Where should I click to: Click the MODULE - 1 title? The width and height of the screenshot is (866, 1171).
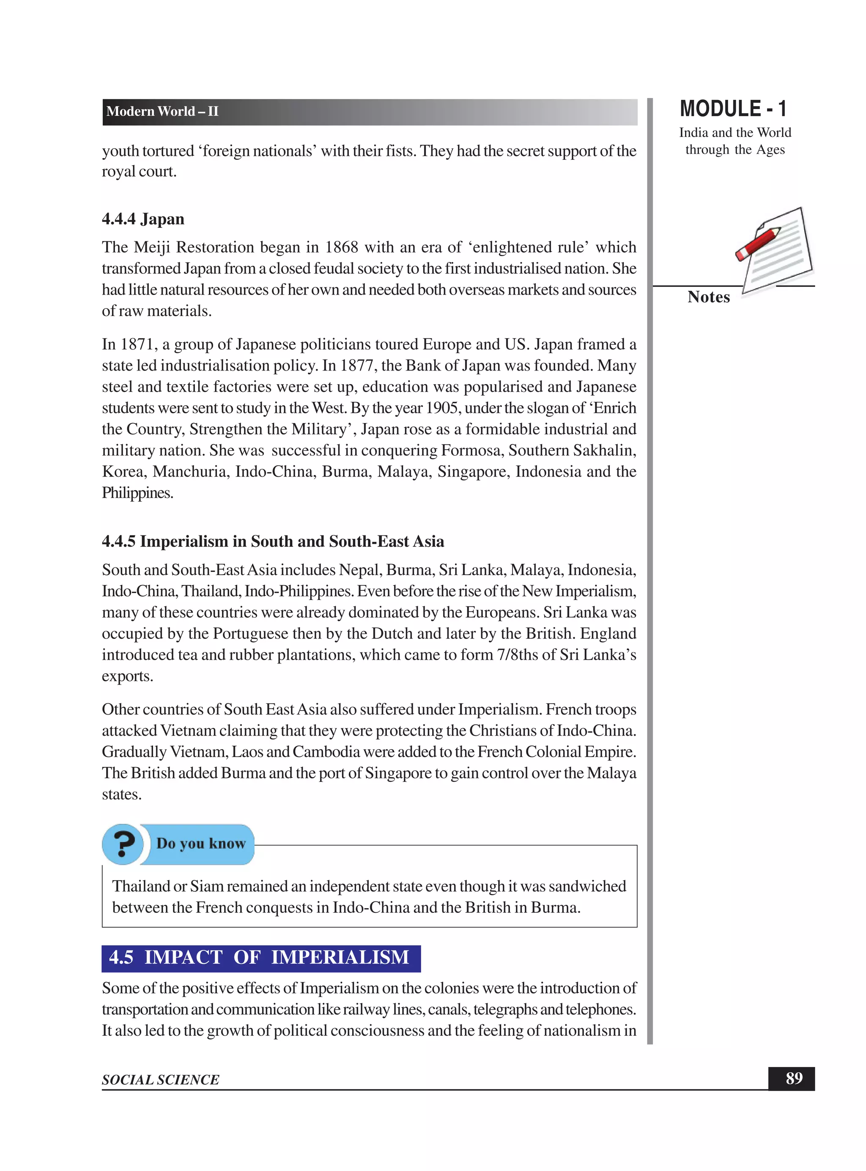click(x=733, y=109)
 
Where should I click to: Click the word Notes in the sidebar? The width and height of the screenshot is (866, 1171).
click(x=708, y=297)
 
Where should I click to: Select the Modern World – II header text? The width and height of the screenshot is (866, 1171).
click(x=162, y=112)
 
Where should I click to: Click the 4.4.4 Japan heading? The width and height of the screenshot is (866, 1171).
click(x=143, y=219)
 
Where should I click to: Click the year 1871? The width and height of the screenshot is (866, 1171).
click(x=137, y=344)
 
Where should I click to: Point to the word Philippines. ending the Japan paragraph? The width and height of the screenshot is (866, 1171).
click(x=137, y=493)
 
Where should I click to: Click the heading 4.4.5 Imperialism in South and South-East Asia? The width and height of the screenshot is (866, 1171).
click(x=273, y=541)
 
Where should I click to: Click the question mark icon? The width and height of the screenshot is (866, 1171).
click(x=123, y=843)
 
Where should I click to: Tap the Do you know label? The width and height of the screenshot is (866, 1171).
click(x=201, y=843)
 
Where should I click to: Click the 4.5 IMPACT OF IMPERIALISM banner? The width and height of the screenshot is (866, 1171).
click(x=260, y=957)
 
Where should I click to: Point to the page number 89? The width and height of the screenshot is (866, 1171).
click(x=793, y=1078)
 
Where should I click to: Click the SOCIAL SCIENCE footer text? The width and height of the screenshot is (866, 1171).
click(x=160, y=1080)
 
